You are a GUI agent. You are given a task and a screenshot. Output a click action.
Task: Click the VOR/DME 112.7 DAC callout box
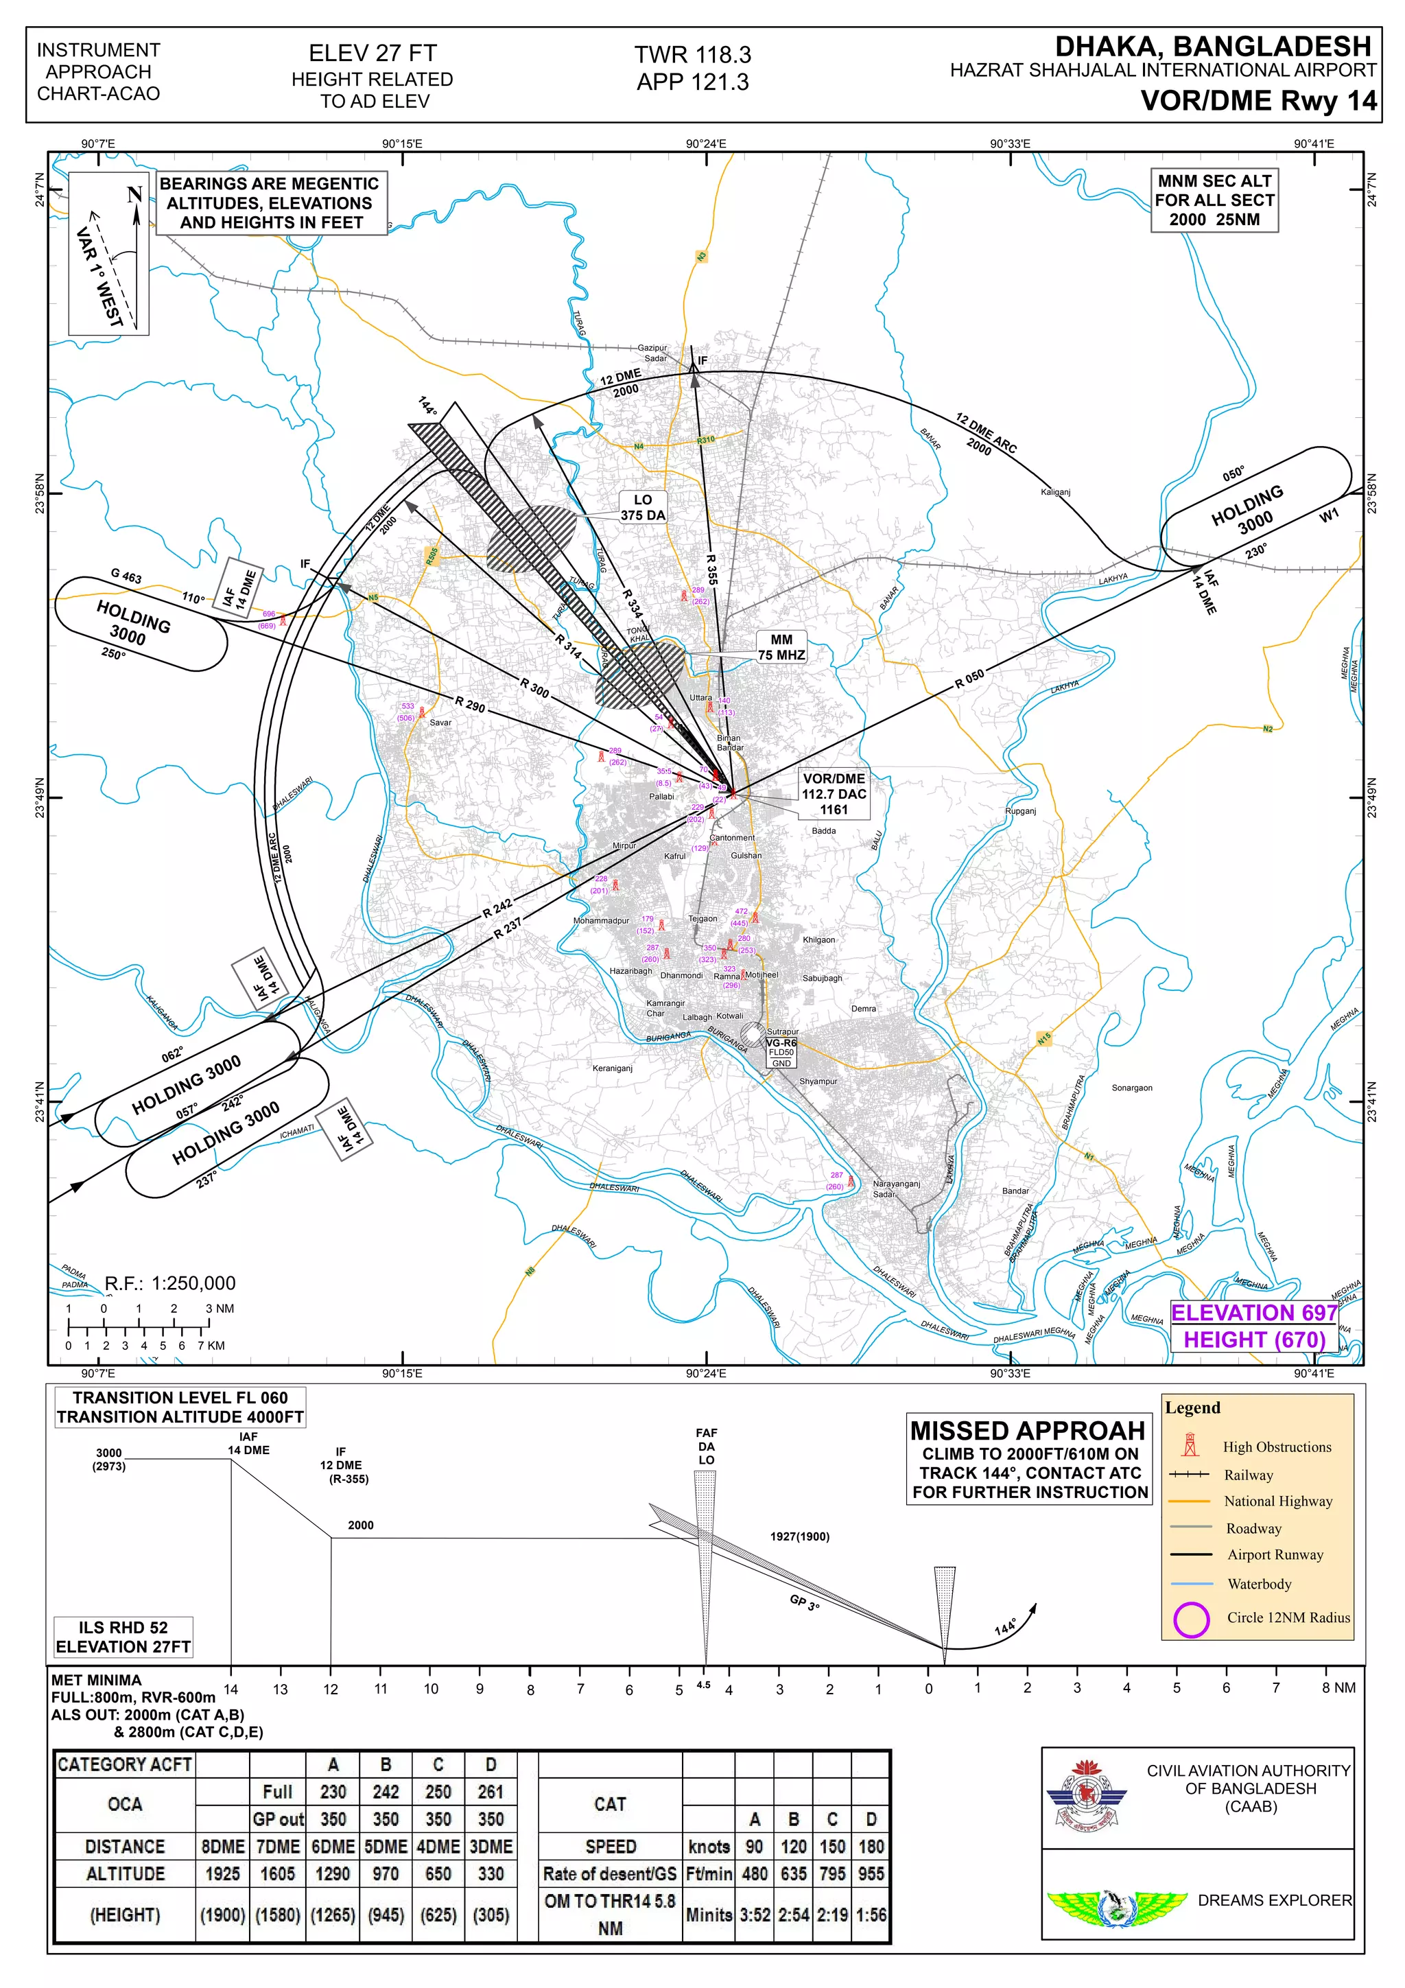834,794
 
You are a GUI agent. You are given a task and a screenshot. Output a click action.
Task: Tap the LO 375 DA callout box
642,507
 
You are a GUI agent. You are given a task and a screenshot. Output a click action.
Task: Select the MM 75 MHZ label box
781,648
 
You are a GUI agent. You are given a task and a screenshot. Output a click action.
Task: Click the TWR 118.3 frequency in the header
692,54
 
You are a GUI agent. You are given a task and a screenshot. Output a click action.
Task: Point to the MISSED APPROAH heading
1028,1430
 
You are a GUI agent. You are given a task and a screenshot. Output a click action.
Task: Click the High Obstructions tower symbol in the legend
1191,1445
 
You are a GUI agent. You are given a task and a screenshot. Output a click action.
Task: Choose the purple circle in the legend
1191,1618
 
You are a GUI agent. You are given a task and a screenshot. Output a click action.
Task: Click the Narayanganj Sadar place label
895,1189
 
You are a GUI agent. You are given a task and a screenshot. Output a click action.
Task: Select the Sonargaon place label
1131,1088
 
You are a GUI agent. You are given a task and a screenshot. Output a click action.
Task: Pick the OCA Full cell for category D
490,1792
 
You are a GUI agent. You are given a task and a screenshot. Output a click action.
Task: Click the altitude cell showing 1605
277,1873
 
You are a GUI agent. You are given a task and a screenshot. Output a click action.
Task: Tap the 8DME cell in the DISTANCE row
222,1847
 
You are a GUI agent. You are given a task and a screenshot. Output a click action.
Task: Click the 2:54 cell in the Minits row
793,1915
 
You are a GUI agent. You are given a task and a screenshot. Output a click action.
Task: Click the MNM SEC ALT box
1214,200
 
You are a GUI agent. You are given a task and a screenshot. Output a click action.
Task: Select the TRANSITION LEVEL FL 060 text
180,1397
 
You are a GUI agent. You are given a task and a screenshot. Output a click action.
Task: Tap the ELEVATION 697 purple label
1254,1313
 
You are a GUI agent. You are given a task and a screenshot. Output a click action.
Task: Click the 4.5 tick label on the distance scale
703,1685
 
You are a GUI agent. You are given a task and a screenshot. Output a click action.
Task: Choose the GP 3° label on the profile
804,1603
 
